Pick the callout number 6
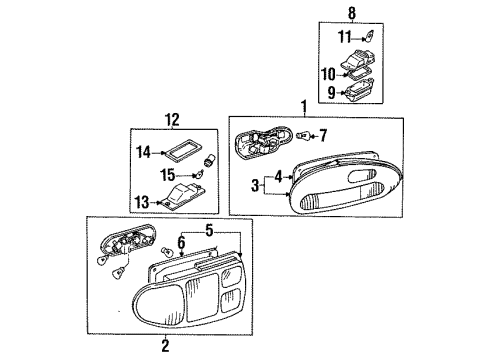(x=181, y=242)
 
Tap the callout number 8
(x=351, y=13)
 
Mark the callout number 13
(x=143, y=201)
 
